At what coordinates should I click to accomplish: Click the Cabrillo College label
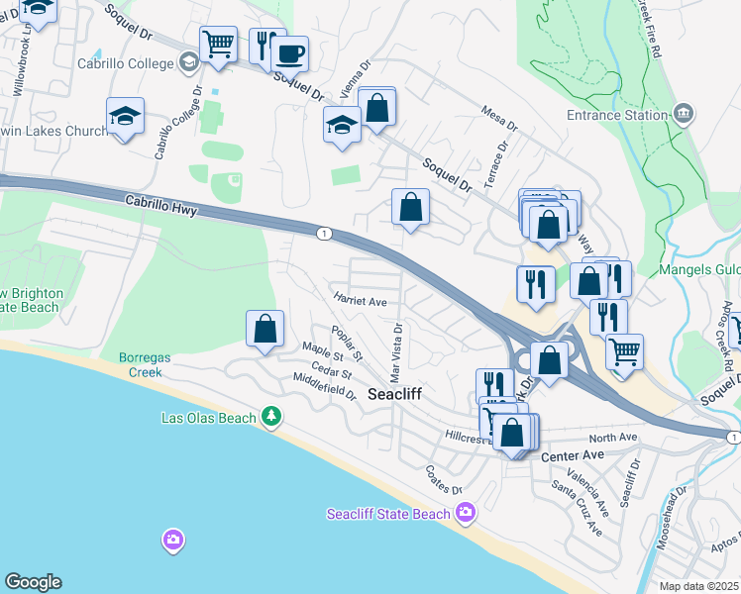(x=127, y=62)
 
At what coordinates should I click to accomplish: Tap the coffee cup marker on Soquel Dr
(x=289, y=53)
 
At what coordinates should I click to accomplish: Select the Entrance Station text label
(x=617, y=115)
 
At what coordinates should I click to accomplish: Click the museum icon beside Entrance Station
(x=682, y=114)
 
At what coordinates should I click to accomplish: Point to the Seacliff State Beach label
(x=388, y=513)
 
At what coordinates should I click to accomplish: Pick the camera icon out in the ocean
(x=172, y=540)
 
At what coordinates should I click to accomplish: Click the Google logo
(x=33, y=582)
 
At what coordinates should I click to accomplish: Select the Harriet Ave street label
(x=360, y=300)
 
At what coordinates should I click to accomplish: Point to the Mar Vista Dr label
(x=396, y=352)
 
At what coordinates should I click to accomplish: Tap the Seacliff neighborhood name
(x=394, y=394)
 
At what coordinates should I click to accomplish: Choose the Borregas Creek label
(x=146, y=364)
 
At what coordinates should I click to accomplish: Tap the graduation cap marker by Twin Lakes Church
(x=126, y=116)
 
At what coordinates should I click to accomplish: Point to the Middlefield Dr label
(x=324, y=387)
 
